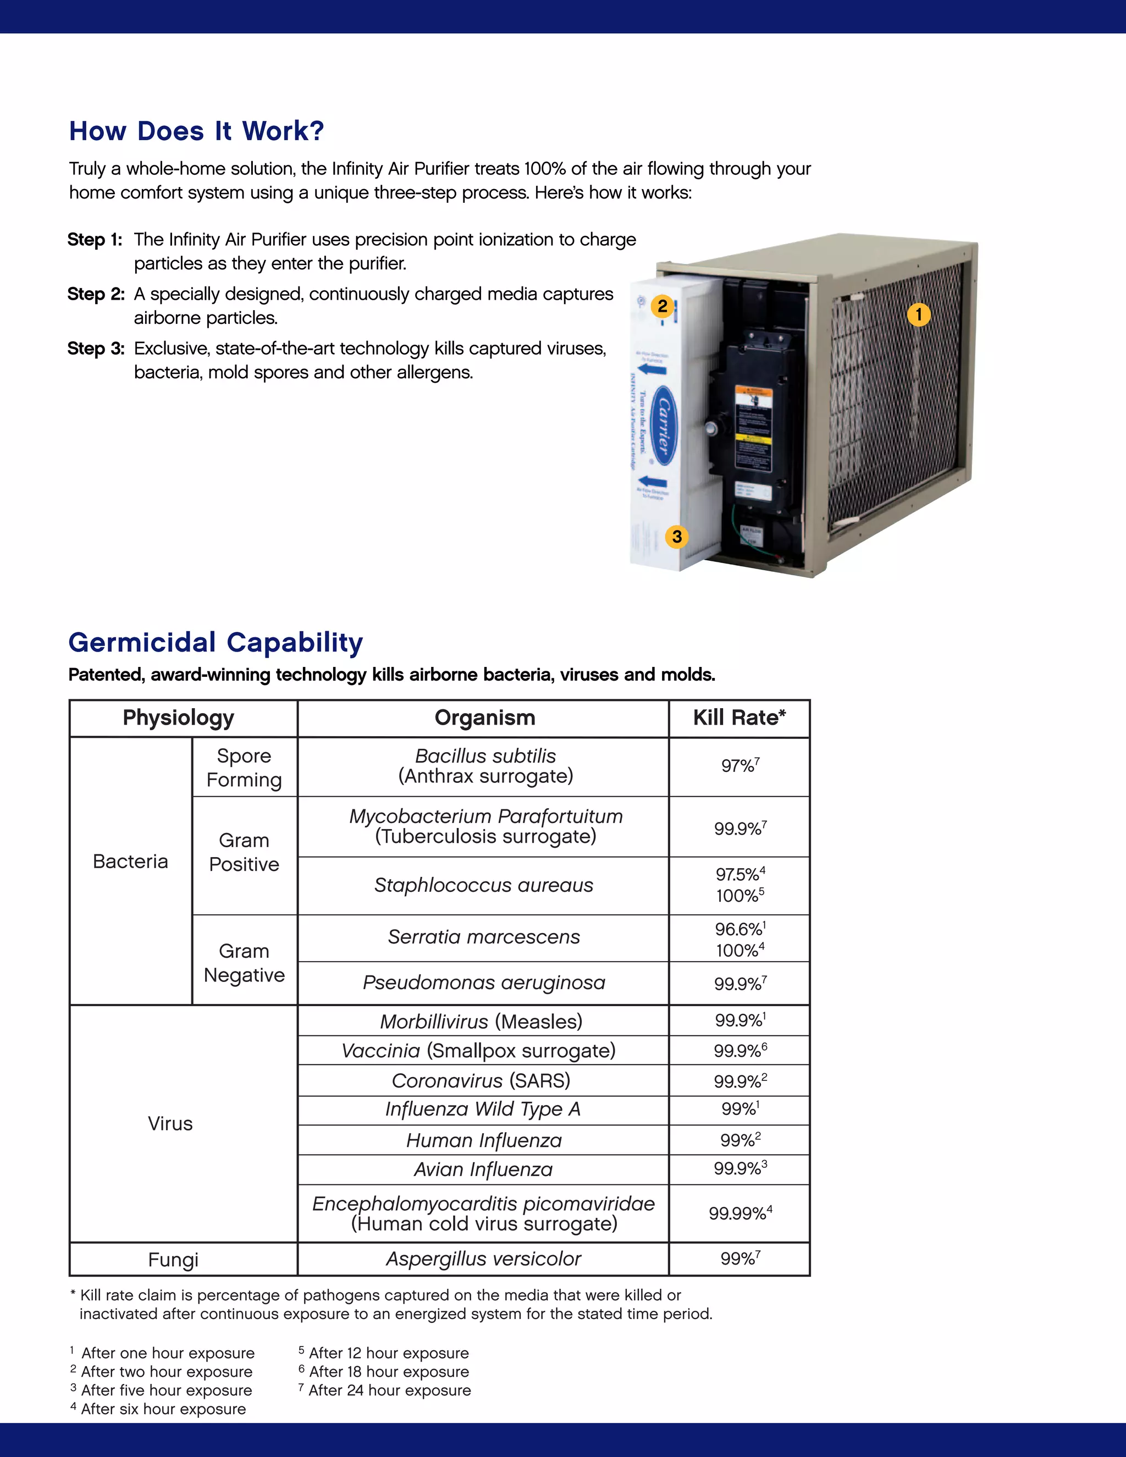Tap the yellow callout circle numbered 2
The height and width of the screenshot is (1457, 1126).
[x=662, y=306]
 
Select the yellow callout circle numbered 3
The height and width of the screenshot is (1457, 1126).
[x=676, y=537]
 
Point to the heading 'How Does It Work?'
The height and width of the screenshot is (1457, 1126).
[x=196, y=131]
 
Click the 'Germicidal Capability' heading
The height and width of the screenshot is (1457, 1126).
[x=216, y=642]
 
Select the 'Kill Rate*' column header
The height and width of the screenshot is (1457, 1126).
[x=739, y=718]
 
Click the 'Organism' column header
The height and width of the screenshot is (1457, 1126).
[x=484, y=718]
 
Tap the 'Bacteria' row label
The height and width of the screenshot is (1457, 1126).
[x=130, y=861]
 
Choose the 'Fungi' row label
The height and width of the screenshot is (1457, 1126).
[x=173, y=1260]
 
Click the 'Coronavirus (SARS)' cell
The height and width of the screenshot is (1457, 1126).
[x=481, y=1081]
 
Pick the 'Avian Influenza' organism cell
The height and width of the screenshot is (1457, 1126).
[x=483, y=1169]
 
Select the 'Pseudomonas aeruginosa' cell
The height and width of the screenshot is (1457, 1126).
[x=484, y=983]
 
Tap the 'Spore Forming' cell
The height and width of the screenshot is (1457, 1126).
[x=244, y=767]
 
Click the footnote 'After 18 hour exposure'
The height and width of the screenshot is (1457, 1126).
[x=388, y=1372]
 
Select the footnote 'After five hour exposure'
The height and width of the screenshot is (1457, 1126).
[x=166, y=1390]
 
